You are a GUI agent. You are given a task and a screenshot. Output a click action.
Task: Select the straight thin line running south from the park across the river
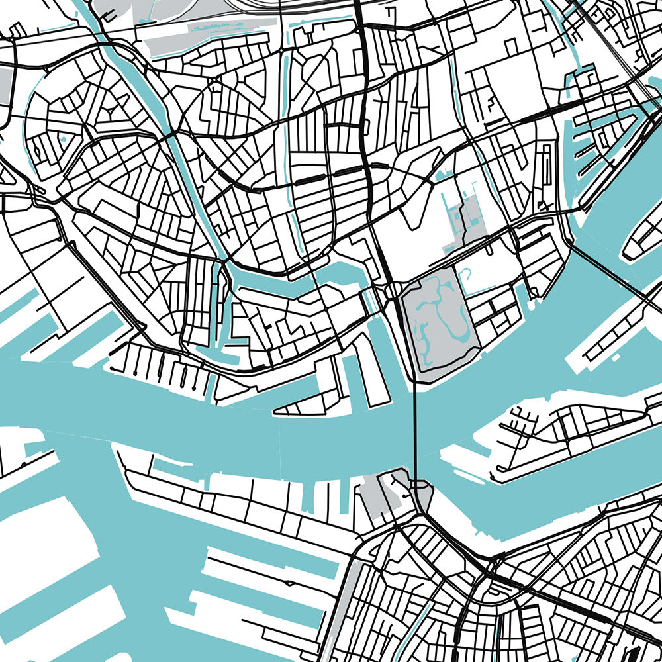tap(415, 430)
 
